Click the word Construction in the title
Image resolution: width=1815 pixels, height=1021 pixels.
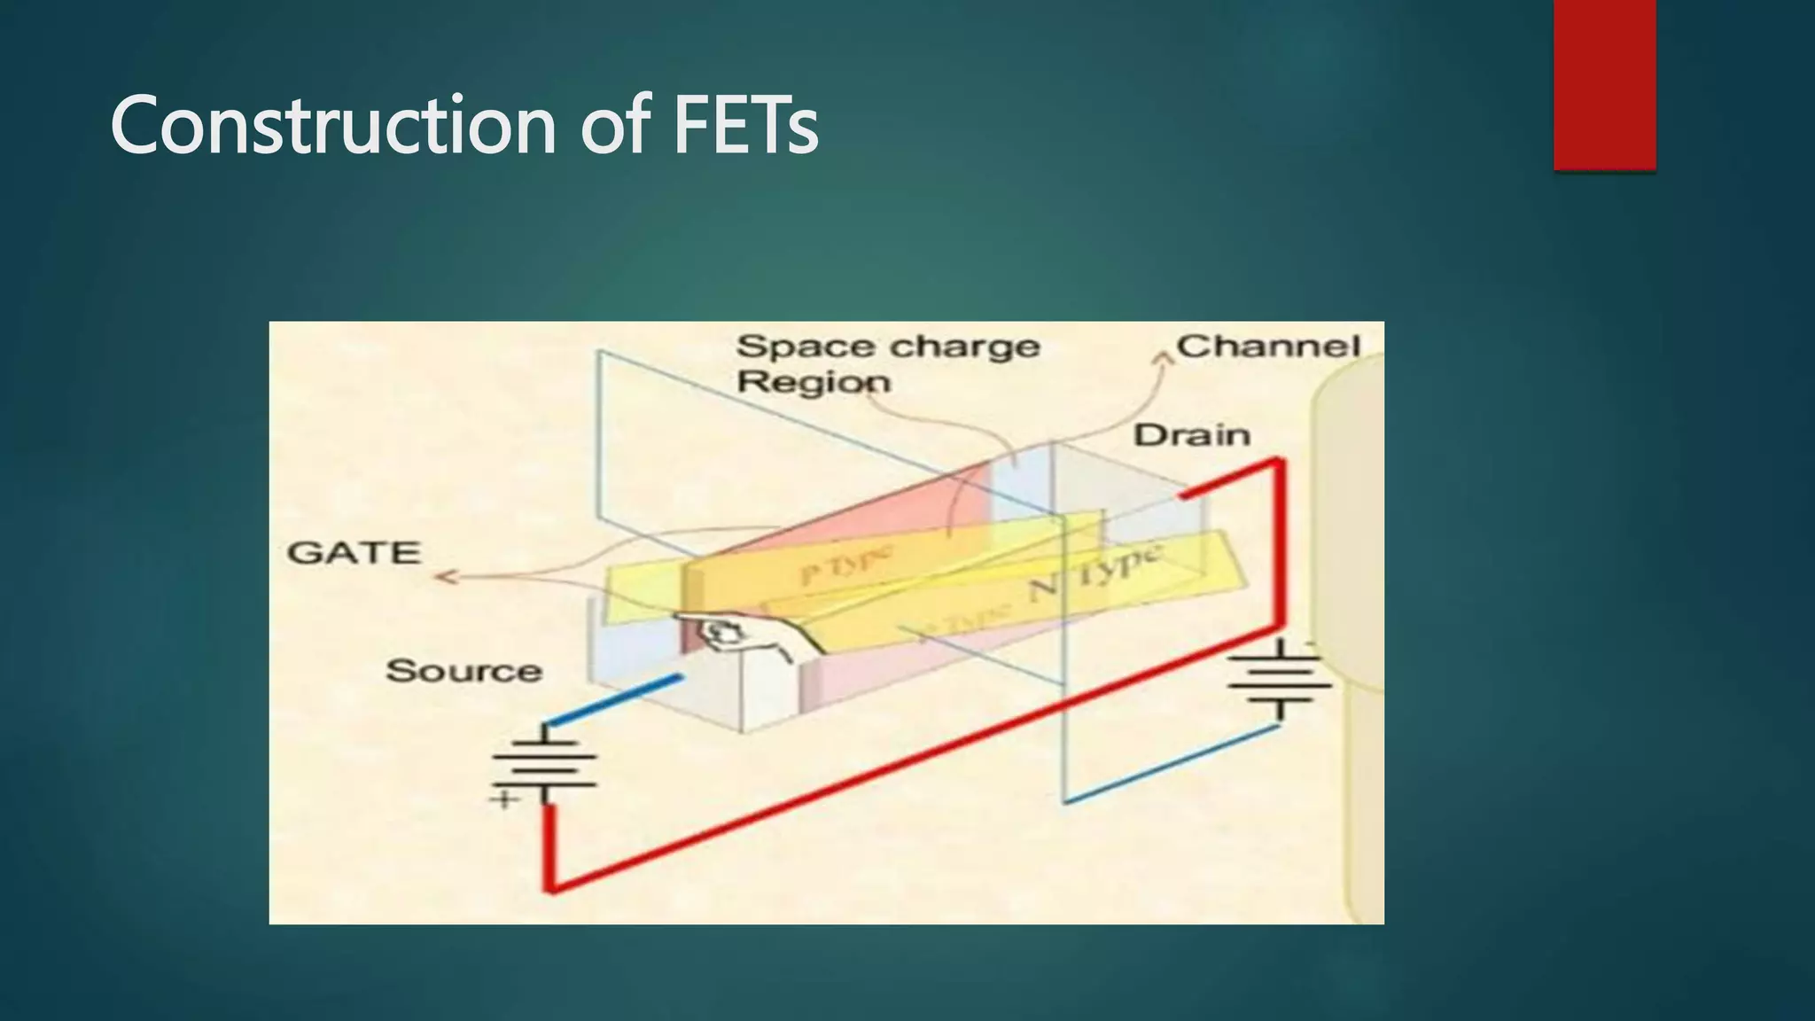pos(333,126)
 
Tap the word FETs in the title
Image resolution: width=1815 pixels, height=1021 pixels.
pos(745,126)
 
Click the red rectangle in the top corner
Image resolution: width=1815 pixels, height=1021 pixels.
pos(1604,84)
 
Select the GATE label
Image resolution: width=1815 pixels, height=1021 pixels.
pos(354,553)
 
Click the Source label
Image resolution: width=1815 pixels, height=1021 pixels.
pos(463,671)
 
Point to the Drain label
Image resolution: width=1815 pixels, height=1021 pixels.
pos(1192,435)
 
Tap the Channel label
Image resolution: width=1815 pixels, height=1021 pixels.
pos(1268,347)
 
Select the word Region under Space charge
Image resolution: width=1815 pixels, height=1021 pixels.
pos(814,383)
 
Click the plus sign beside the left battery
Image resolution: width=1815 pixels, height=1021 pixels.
pos(504,799)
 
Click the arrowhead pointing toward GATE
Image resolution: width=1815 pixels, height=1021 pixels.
pos(443,578)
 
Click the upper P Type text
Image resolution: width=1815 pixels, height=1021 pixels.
pos(846,565)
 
